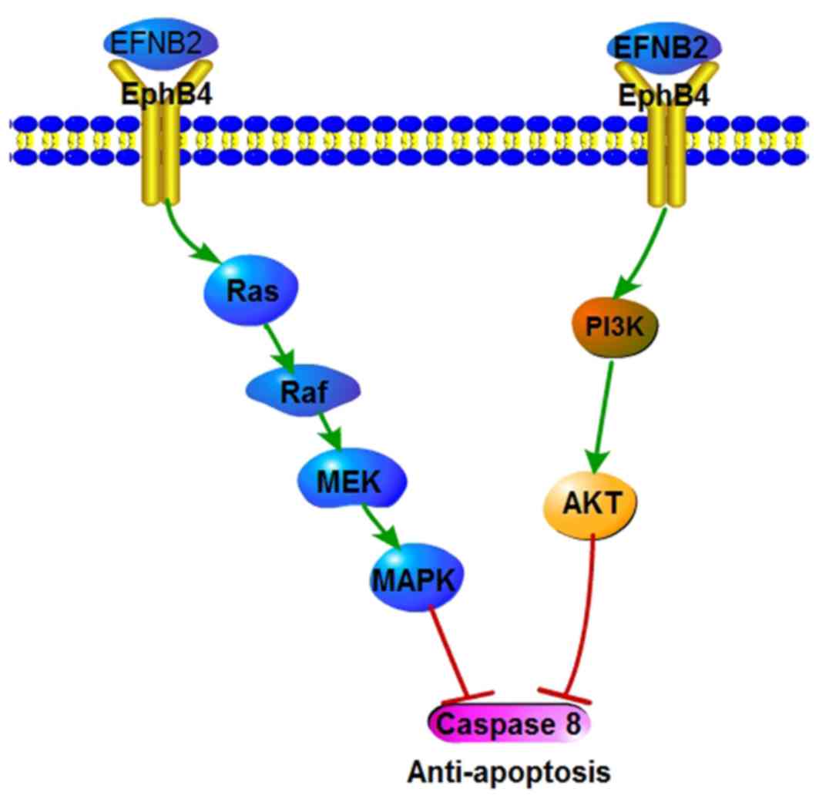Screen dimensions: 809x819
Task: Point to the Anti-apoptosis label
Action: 509,771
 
